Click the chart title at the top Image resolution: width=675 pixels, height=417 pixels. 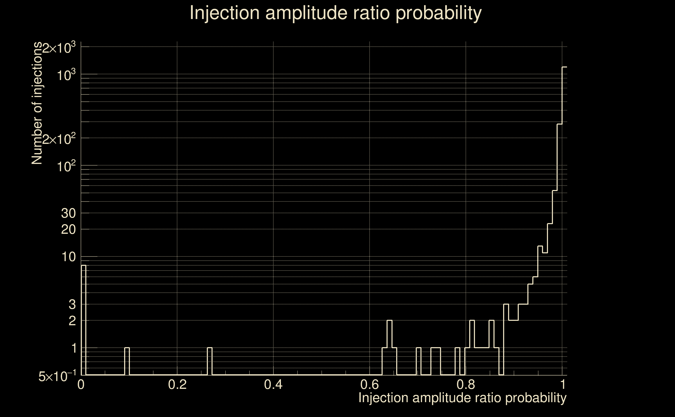pos(336,13)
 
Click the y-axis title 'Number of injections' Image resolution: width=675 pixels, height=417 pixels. pos(37,103)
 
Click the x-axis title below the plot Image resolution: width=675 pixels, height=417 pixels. pos(462,398)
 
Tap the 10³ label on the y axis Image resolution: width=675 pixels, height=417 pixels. pos(66,75)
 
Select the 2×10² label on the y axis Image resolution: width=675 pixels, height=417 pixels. pos(59,139)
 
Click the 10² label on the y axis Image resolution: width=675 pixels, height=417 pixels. pos(66,167)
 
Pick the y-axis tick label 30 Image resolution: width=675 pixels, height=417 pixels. pos(68,213)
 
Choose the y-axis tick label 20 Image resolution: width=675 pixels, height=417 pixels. pos(68,229)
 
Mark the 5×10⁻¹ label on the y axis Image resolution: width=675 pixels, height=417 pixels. pos(57,376)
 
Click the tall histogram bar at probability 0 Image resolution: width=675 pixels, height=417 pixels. pos(84,320)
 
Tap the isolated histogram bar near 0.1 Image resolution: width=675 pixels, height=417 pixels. pos(127,361)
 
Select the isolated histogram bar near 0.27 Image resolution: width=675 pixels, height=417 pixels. pos(210,361)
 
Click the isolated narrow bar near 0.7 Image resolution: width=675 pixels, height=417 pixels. pos(419,361)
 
